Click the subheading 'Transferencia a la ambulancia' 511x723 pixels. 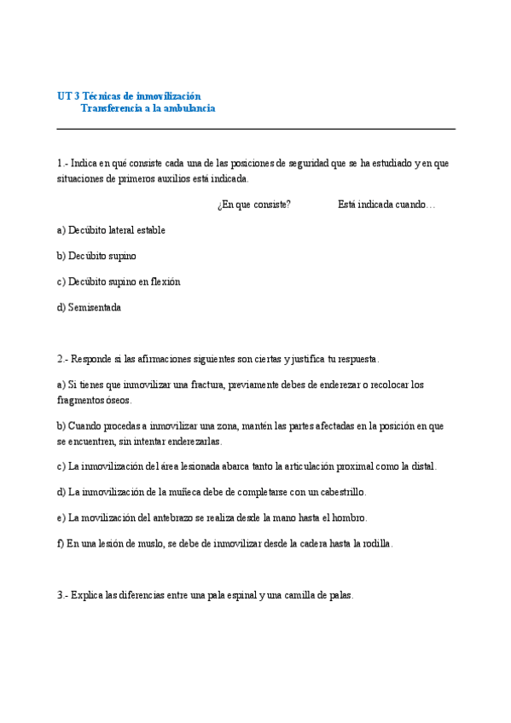(148, 108)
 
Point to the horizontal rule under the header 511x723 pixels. (256, 129)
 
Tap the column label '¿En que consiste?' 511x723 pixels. (253, 205)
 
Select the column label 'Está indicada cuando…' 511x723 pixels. (386, 205)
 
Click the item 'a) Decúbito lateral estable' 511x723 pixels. (111, 230)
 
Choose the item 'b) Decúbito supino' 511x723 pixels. (96, 256)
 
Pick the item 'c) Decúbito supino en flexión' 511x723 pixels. (119, 281)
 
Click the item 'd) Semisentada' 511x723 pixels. (89, 307)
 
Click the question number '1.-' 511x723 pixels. (63, 163)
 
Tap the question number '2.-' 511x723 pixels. (63, 359)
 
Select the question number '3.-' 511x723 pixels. (63, 595)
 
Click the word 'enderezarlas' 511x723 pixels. (195, 441)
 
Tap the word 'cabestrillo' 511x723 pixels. (341, 492)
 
